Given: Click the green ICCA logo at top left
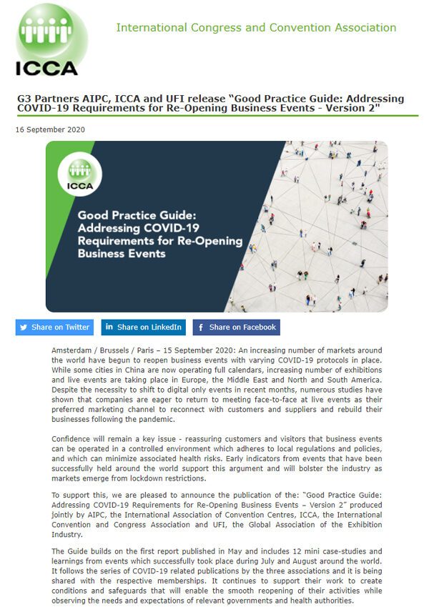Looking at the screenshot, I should pos(48,40).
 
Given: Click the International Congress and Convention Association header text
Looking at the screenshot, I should pos(256,28).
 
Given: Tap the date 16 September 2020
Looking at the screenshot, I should pos(50,129).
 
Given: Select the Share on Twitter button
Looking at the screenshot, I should pos(54,327).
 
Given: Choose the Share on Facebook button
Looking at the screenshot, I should pos(236,327).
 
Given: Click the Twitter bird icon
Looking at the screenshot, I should pos(25,327).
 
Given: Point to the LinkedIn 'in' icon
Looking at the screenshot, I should pos(109,327).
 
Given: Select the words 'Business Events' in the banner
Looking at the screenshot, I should pos(122,253).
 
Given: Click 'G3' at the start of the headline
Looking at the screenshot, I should pos(24,99).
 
